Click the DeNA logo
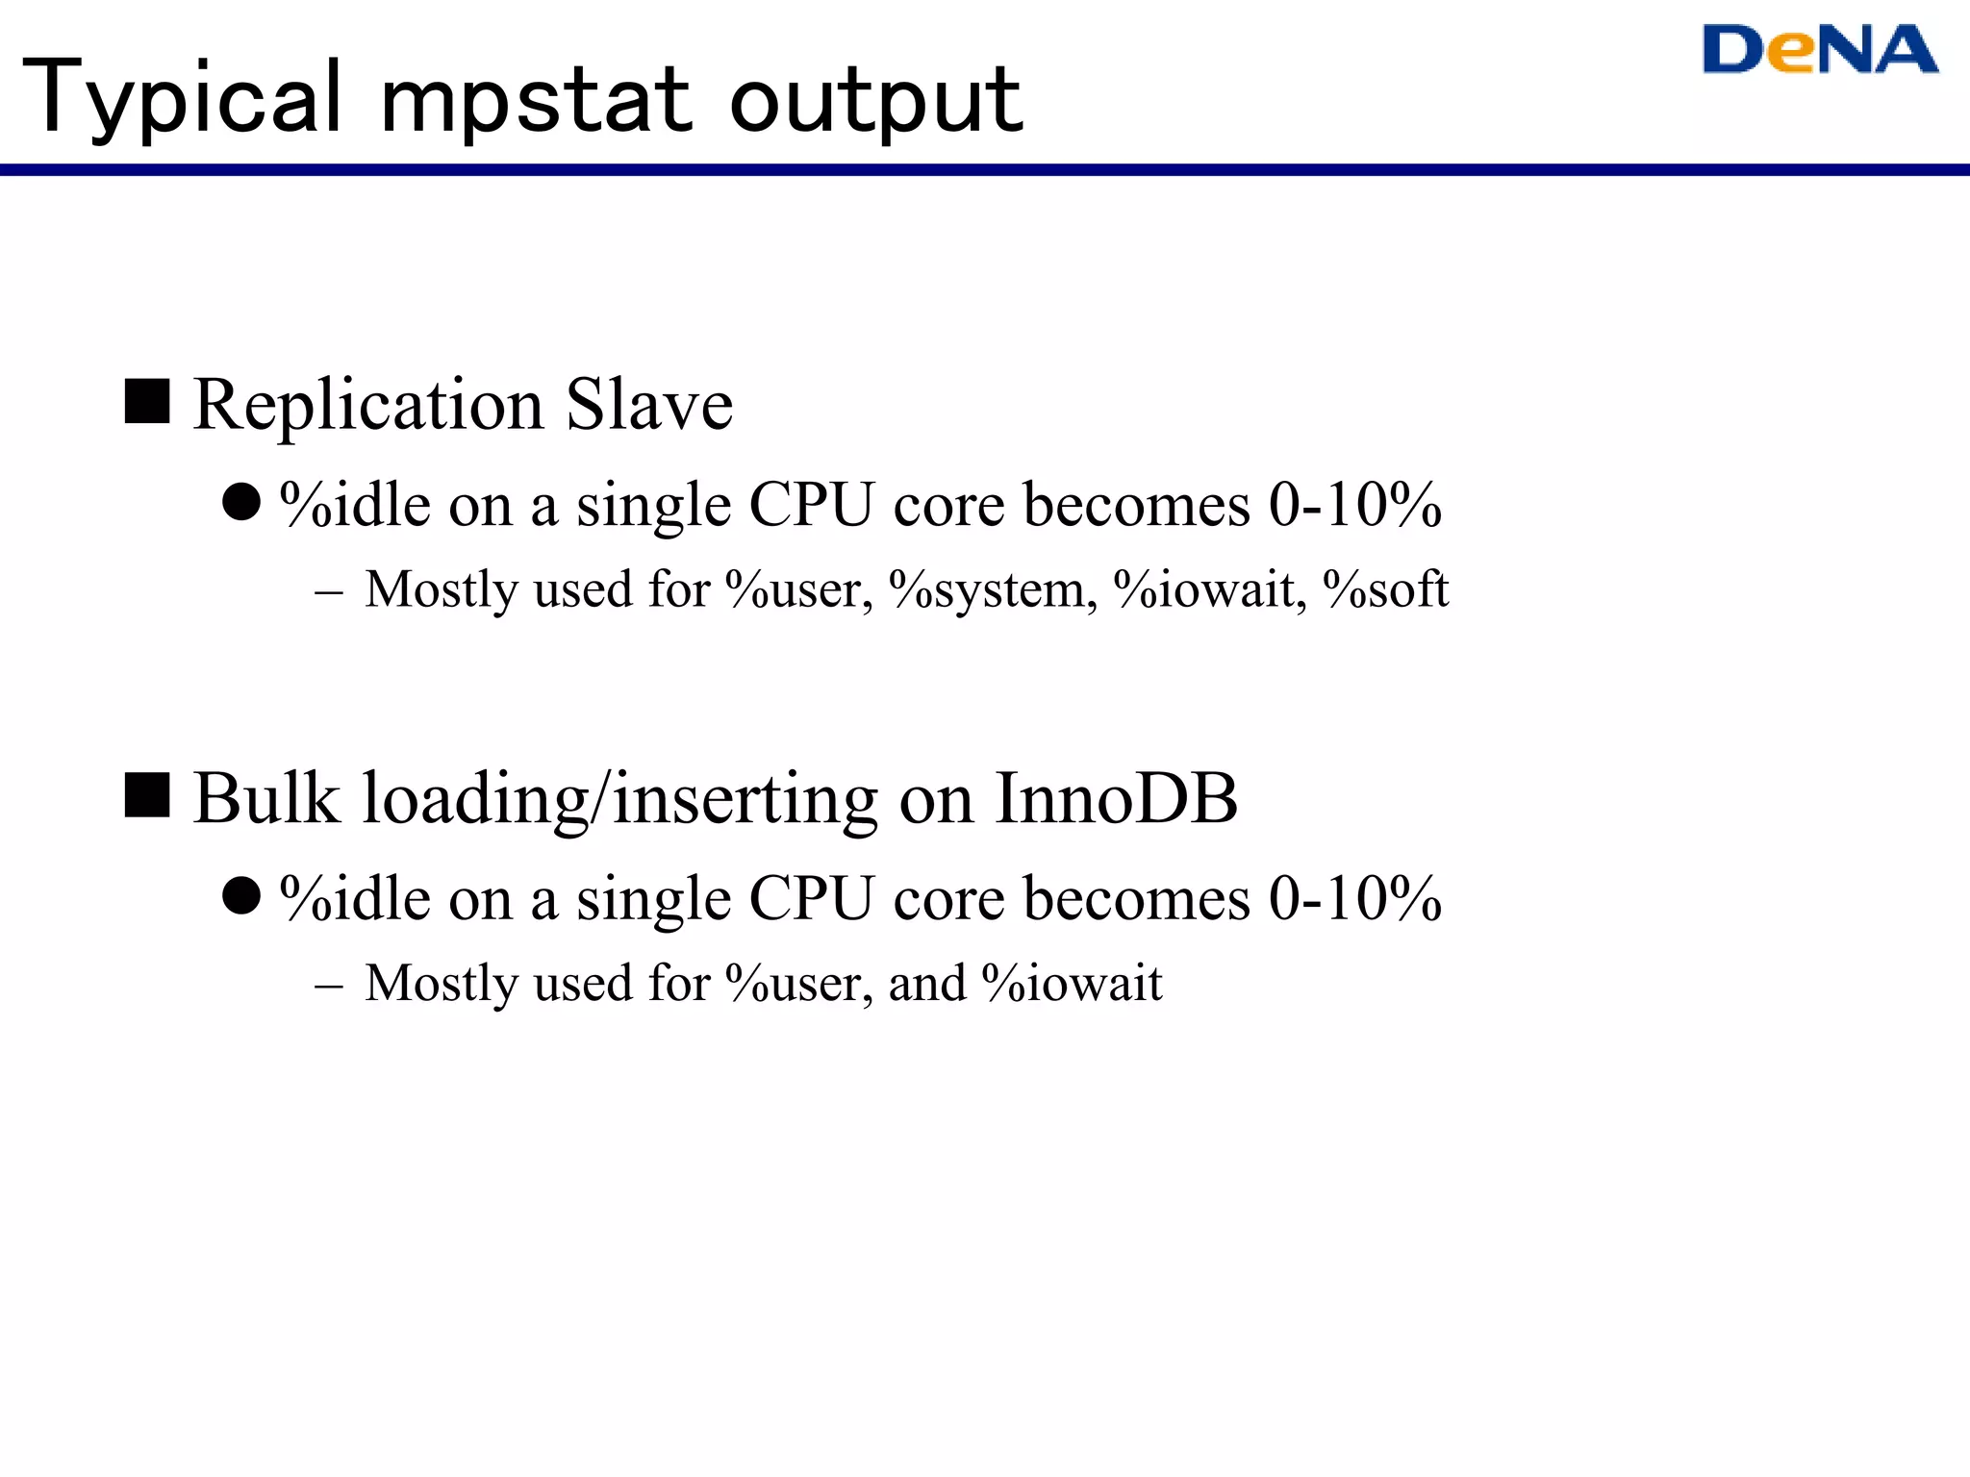point(1819,50)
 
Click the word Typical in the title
point(183,98)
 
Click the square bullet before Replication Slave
point(147,401)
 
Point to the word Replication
point(369,405)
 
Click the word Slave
point(649,405)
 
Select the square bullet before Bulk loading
point(147,795)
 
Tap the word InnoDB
point(1116,798)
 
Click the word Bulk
point(266,798)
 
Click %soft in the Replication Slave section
point(1385,589)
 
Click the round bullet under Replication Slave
point(241,502)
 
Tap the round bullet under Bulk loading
point(241,895)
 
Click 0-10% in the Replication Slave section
point(1354,504)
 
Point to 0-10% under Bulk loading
point(1354,898)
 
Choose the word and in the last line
point(927,984)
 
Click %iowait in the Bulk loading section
point(1072,984)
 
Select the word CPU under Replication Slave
point(811,504)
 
